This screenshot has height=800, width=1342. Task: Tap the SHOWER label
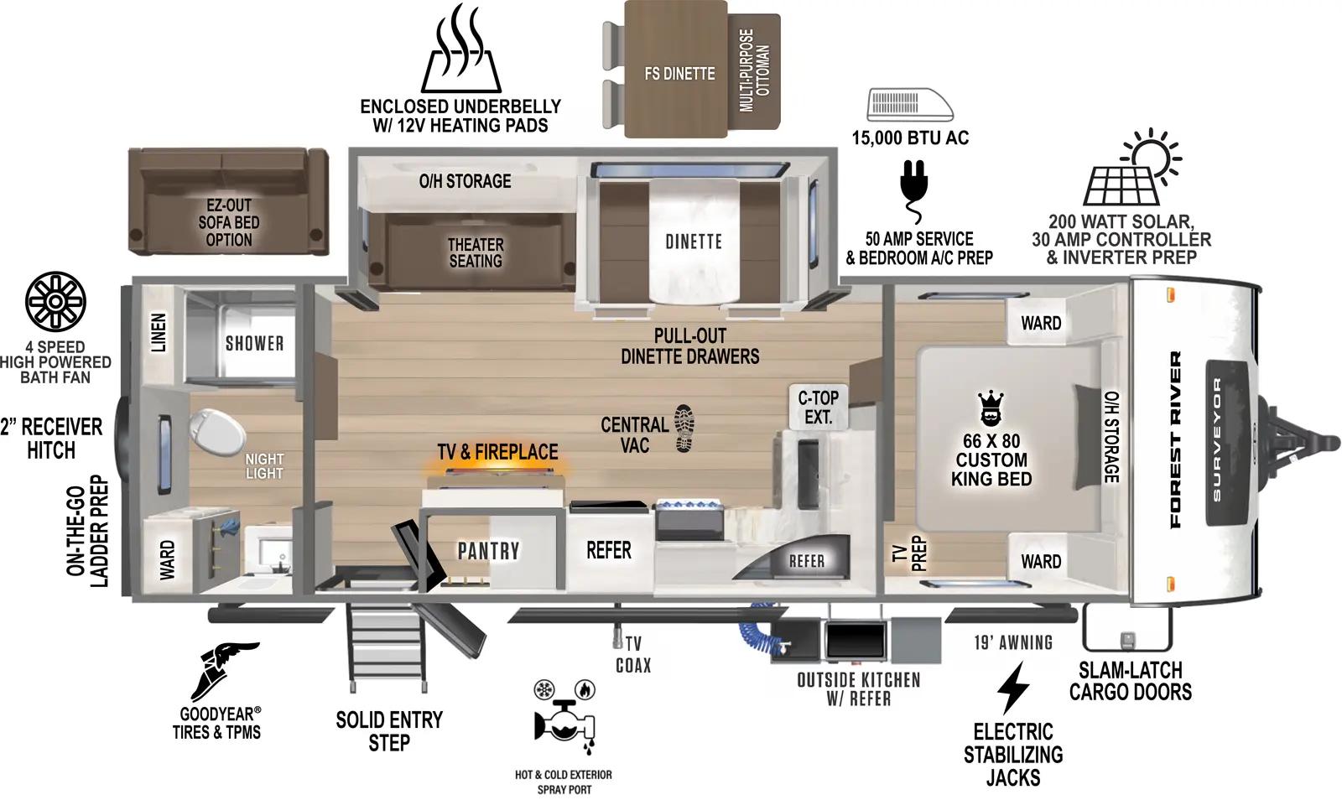click(x=254, y=343)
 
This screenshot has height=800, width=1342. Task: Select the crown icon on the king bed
click(x=991, y=408)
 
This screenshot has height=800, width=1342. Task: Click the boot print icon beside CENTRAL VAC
click(x=684, y=428)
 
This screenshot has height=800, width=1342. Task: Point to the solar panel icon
click(x=1122, y=179)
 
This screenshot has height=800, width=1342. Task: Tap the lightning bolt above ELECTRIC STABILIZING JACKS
click(x=1013, y=688)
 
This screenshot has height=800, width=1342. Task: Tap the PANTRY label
click(x=488, y=551)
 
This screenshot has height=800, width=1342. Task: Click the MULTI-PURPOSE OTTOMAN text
click(x=754, y=70)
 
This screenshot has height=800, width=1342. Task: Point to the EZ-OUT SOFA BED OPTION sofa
click(x=228, y=202)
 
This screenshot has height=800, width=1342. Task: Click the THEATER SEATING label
click(x=475, y=252)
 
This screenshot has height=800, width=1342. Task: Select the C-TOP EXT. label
click(x=818, y=406)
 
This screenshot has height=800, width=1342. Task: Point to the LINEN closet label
click(x=158, y=333)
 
